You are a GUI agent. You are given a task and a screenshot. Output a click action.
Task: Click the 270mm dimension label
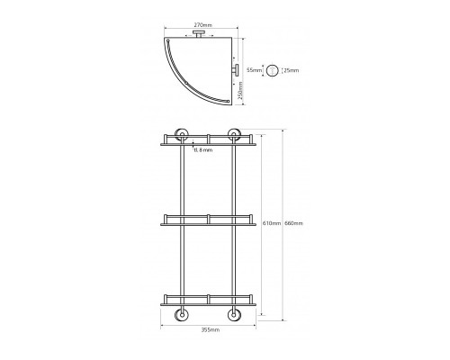click(202, 24)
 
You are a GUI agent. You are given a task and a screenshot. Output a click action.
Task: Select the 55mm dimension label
click(254, 70)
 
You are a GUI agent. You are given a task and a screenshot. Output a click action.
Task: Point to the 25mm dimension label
click(292, 70)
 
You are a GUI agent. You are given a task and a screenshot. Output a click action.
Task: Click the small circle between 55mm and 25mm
click(273, 71)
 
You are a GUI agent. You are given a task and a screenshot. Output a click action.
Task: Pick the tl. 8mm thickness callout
click(203, 150)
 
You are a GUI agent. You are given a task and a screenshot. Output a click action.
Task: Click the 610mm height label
click(272, 223)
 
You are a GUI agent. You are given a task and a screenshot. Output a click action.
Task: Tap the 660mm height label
click(293, 223)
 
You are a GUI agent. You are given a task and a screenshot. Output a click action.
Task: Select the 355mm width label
click(211, 330)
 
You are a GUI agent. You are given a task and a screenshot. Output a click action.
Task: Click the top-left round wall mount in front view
click(181, 135)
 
